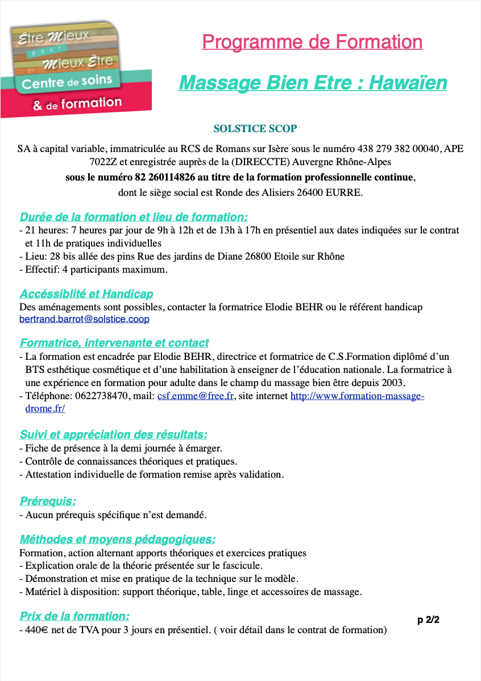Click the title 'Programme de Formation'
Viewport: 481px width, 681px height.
tap(312, 42)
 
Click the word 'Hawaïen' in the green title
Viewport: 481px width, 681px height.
tap(408, 83)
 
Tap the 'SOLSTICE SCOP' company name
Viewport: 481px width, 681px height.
tap(255, 129)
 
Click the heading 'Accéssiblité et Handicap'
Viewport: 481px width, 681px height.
tap(86, 294)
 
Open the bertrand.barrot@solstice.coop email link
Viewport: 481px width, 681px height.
tap(84, 319)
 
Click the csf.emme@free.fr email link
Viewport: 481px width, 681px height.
tap(196, 396)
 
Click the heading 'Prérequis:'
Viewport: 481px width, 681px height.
tap(48, 501)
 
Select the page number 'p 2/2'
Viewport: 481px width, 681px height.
tap(428, 620)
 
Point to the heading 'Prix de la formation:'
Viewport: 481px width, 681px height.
tap(74, 616)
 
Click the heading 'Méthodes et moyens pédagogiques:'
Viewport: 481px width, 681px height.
tap(118, 539)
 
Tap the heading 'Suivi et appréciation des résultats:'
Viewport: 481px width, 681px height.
tap(113, 435)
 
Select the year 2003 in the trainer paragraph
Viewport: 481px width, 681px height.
tap(392, 383)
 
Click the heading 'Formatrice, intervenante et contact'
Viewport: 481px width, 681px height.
tap(114, 343)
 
